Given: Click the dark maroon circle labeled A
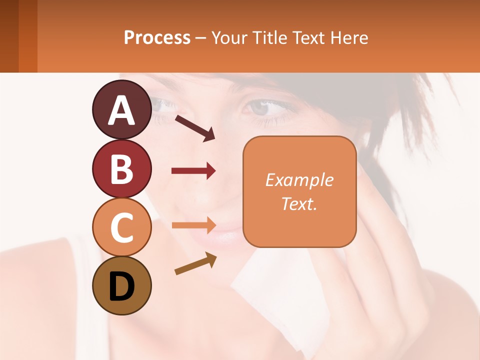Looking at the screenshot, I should click(121, 109).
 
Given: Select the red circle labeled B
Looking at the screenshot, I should click(121, 168).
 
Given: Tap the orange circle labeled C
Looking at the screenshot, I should click(121, 227).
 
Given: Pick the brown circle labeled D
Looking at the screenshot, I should click(121, 285).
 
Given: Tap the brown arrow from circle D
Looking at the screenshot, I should click(195, 263).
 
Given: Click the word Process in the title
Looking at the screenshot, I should click(157, 38).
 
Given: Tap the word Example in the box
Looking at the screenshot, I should click(299, 180).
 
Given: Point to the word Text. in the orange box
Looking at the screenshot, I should click(299, 203).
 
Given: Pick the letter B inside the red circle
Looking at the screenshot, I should click(121, 168).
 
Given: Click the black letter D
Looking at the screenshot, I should click(121, 286).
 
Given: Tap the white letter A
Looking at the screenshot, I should click(121, 110).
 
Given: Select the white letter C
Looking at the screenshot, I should click(121, 227).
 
